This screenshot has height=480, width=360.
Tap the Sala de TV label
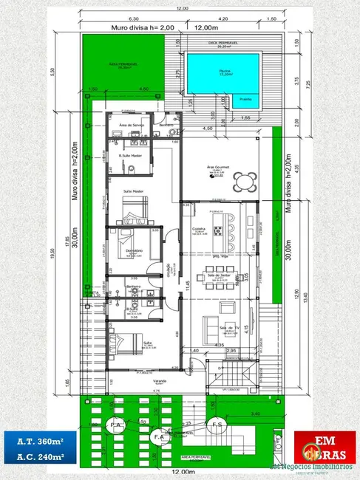229,327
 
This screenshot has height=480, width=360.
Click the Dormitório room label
134,250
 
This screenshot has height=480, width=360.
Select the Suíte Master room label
133,191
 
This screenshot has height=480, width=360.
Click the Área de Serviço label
131,126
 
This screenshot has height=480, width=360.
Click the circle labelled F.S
217,425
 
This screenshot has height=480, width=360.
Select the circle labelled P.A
116,425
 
